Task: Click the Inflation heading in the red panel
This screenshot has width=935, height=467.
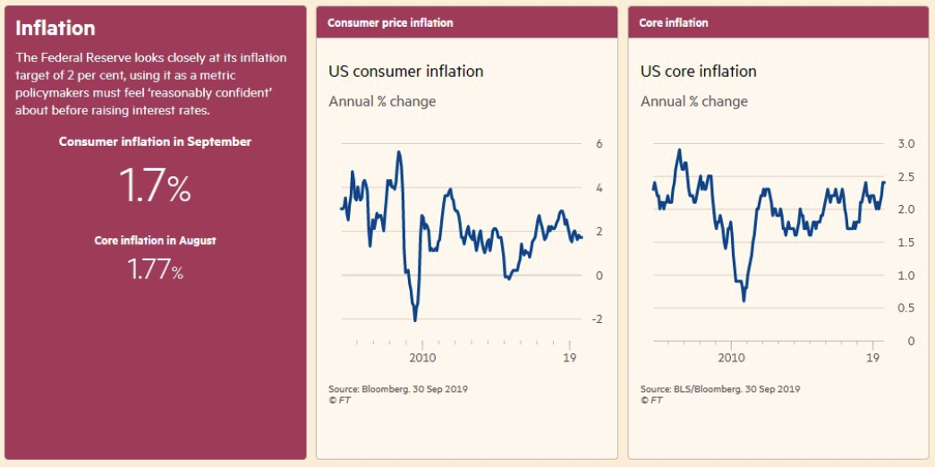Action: coord(55,29)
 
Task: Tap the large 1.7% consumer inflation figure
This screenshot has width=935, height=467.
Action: coord(155,187)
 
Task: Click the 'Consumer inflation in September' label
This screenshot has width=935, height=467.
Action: coord(155,141)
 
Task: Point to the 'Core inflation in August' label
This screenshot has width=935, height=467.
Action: coord(155,241)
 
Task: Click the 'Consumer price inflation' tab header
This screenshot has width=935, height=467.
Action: coord(390,22)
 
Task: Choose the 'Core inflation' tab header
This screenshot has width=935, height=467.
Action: coord(673,22)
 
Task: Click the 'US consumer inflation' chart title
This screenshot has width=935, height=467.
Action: coord(406,72)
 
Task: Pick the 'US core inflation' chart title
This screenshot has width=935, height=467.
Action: coord(699,72)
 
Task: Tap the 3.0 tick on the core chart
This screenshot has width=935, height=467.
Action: coord(906,144)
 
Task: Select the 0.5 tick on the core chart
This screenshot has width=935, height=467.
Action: coord(906,309)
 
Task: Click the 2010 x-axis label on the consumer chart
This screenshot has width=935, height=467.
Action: coord(421,358)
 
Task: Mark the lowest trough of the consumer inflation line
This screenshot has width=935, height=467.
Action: coord(415,319)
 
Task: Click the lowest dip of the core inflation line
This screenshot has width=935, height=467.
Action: coord(744,301)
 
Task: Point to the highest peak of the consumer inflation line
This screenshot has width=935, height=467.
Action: coord(398,152)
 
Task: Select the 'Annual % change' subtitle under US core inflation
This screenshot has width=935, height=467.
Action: coord(694,101)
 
